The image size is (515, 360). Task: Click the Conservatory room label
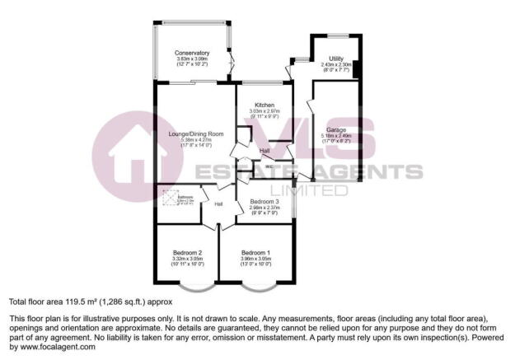coord(192,54)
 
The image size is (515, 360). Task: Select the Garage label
coord(335,130)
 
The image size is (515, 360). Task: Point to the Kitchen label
coord(264,105)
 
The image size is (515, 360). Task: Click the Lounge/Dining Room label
coord(196,133)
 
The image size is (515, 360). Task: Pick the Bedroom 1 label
coord(255,252)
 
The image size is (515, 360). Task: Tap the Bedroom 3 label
coord(265,202)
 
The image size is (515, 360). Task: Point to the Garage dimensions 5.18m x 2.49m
coord(335,136)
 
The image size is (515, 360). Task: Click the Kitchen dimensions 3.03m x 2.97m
coord(264,111)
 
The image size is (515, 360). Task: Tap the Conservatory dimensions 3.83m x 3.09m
coord(192,59)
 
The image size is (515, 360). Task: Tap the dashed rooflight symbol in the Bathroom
coord(168,198)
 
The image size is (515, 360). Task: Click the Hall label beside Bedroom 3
coord(218,204)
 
